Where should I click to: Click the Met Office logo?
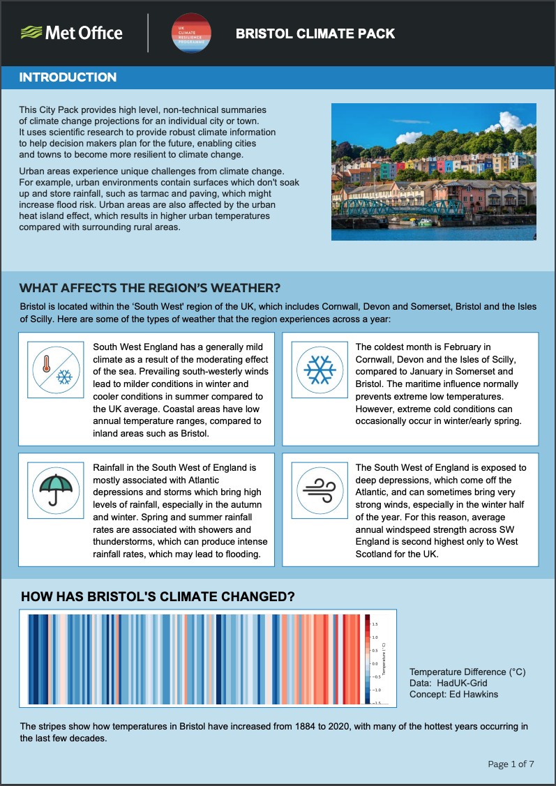(72, 33)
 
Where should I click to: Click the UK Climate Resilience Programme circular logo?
(192, 33)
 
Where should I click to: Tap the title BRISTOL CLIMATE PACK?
(315, 33)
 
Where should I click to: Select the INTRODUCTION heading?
(68, 77)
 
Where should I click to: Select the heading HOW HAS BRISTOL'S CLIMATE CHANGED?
(158, 597)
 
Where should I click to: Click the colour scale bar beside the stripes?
(366, 659)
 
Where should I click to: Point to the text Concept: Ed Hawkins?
(454, 694)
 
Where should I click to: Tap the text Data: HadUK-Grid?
(449, 683)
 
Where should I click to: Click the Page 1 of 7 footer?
(511, 764)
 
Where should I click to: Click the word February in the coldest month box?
(458, 347)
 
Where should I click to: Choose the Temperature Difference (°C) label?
(467, 672)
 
